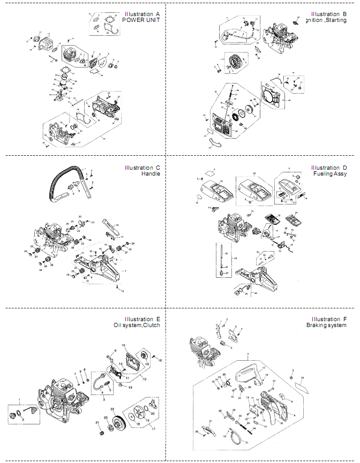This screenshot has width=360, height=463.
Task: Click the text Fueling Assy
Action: (x=329, y=174)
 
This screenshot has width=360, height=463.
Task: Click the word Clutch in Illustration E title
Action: (x=150, y=325)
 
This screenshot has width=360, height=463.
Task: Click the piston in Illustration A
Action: (x=64, y=81)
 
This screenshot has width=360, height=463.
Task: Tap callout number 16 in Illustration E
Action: (x=160, y=360)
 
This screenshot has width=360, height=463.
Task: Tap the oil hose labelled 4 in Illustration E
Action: (x=100, y=382)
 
